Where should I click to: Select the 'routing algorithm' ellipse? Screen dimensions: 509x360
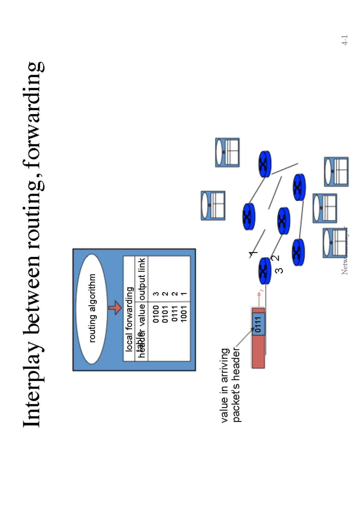[x=92, y=309]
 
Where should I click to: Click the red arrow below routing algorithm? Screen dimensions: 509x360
[x=115, y=308]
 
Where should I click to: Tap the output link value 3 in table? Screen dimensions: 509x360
[x=156, y=294]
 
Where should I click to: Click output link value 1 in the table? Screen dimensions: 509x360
[x=184, y=294]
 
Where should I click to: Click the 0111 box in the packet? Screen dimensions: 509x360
[x=258, y=324]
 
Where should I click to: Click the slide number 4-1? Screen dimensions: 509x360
[x=345, y=40]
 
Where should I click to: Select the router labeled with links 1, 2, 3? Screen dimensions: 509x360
[x=265, y=271]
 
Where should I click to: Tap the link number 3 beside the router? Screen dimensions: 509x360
[x=279, y=271]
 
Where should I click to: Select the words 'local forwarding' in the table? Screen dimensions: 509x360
[x=129, y=319]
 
